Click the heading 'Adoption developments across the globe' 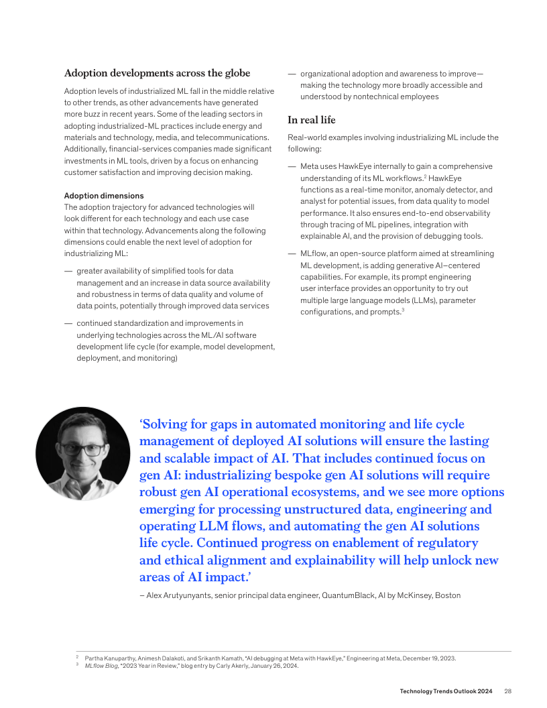click(x=157, y=73)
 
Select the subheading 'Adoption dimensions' click(x=104, y=196)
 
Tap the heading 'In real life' click(x=312, y=120)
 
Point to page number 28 click(x=508, y=691)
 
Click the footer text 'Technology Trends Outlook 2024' click(x=446, y=691)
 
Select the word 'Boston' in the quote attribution click(x=447, y=595)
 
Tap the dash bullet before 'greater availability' click(x=68, y=271)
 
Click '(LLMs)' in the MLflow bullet click(x=418, y=301)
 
